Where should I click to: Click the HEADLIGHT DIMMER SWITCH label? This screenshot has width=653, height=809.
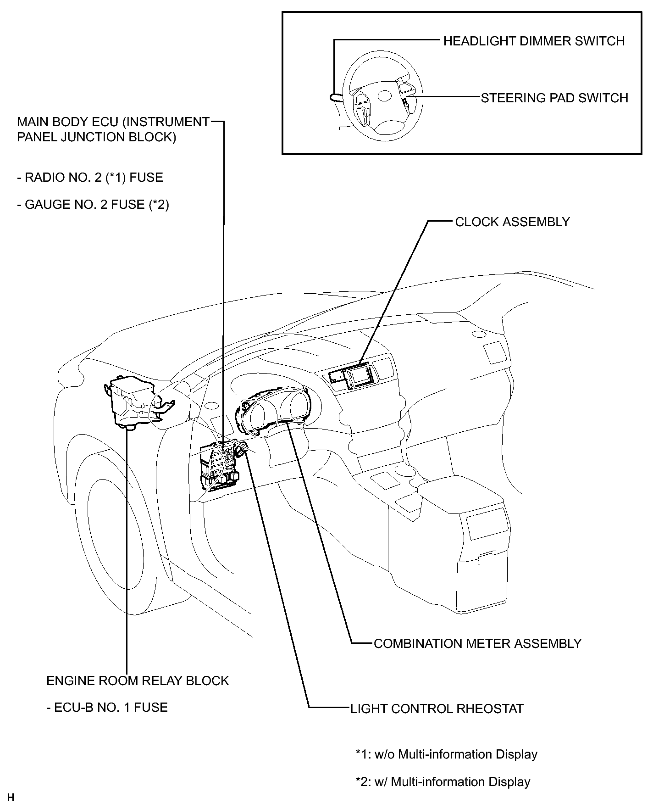[x=534, y=41]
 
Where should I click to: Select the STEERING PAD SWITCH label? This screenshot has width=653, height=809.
[x=554, y=98]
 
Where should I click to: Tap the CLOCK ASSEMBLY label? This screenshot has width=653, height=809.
[x=512, y=222]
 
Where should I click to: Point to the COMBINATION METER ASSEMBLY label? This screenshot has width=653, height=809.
[x=477, y=643]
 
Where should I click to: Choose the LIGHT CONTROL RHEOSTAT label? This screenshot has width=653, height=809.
[x=437, y=709]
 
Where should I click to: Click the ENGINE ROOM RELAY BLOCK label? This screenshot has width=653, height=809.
[x=138, y=680]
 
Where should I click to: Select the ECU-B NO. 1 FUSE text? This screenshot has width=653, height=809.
[x=107, y=707]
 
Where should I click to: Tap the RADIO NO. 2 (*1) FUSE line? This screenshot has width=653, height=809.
[x=90, y=177]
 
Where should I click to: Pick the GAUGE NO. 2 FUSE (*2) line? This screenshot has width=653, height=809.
[x=93, y=204]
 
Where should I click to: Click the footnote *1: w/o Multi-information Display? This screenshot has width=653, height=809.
[x=446, y=754]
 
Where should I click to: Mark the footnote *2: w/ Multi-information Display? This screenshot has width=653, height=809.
[x=443, y=781]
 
